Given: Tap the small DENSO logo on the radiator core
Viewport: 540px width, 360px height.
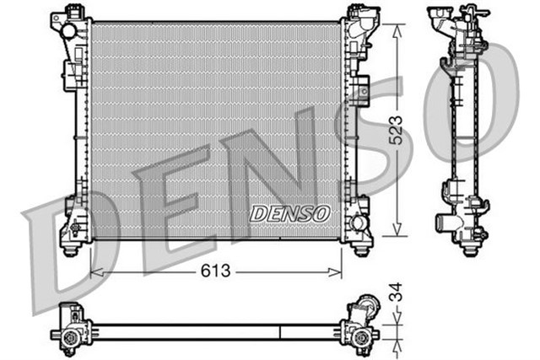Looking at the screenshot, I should pyautogui.click(x=289, y=213).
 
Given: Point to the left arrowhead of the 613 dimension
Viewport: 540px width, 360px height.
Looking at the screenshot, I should pyautogui.click(x=94, y=271).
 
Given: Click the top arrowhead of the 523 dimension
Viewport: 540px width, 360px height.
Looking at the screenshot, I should pyautogui.click(x=397, y=25).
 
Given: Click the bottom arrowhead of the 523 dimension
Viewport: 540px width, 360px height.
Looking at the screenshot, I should pyautogui.click(x=397, y=232).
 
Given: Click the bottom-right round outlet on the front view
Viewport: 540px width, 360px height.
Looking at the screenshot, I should pyautogui.click(x=359, y=226).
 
